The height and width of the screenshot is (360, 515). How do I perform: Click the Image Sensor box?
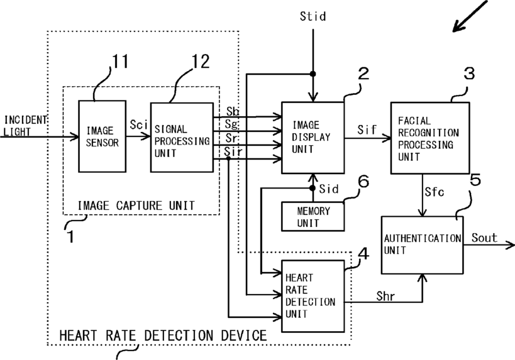(x=102, y=136)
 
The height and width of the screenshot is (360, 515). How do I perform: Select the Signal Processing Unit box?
(x=182, y=138)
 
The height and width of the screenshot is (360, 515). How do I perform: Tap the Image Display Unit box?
(x=313, y=138)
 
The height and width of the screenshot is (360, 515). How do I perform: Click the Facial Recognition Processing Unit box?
(x=430, y=138)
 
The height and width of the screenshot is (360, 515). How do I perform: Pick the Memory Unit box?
(x=313, y=217)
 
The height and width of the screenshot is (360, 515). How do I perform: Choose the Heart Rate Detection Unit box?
(x=313, y=296)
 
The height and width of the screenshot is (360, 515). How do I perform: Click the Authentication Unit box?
(x=423, y=245)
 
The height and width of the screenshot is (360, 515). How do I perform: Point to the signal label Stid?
(x=313, y=16)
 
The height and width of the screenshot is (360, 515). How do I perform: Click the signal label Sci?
(x=138, y=124)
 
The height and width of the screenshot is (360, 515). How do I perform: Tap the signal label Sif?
(x=367, y=129)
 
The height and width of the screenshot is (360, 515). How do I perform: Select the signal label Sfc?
(x=435, y=192)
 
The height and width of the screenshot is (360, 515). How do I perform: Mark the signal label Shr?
(x=385, y=296)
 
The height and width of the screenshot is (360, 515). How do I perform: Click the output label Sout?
(x=484, y=237)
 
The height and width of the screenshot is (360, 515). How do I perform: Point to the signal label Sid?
(x=329, y=188)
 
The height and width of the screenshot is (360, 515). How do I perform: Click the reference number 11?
(x=120, y=61)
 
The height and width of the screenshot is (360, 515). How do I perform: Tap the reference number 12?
(x=201, y=61)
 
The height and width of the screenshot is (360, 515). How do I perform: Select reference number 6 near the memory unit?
(x=363, y=181)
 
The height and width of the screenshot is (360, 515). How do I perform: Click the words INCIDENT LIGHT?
(x=25, y=126)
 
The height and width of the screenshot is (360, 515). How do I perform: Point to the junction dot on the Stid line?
(x=313, y=74)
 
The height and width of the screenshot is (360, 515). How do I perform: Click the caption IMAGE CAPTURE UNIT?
(x=136, y=205)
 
